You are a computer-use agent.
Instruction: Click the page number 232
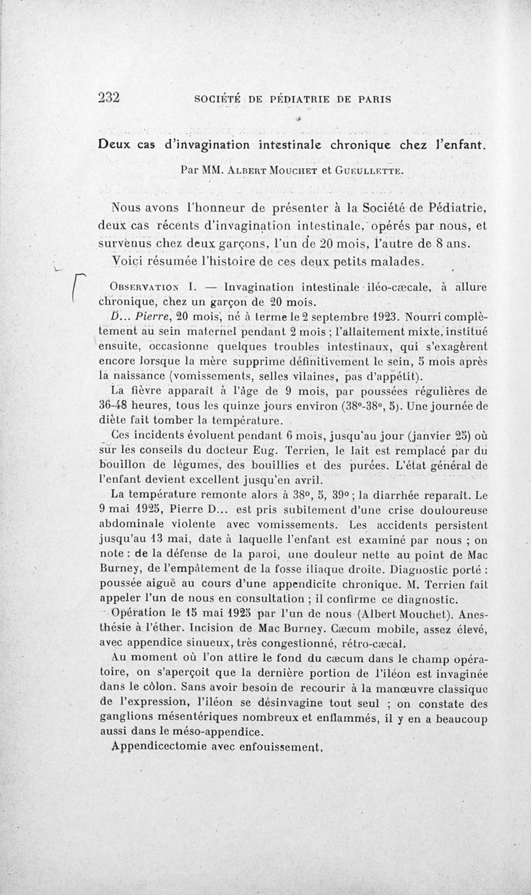108,98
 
